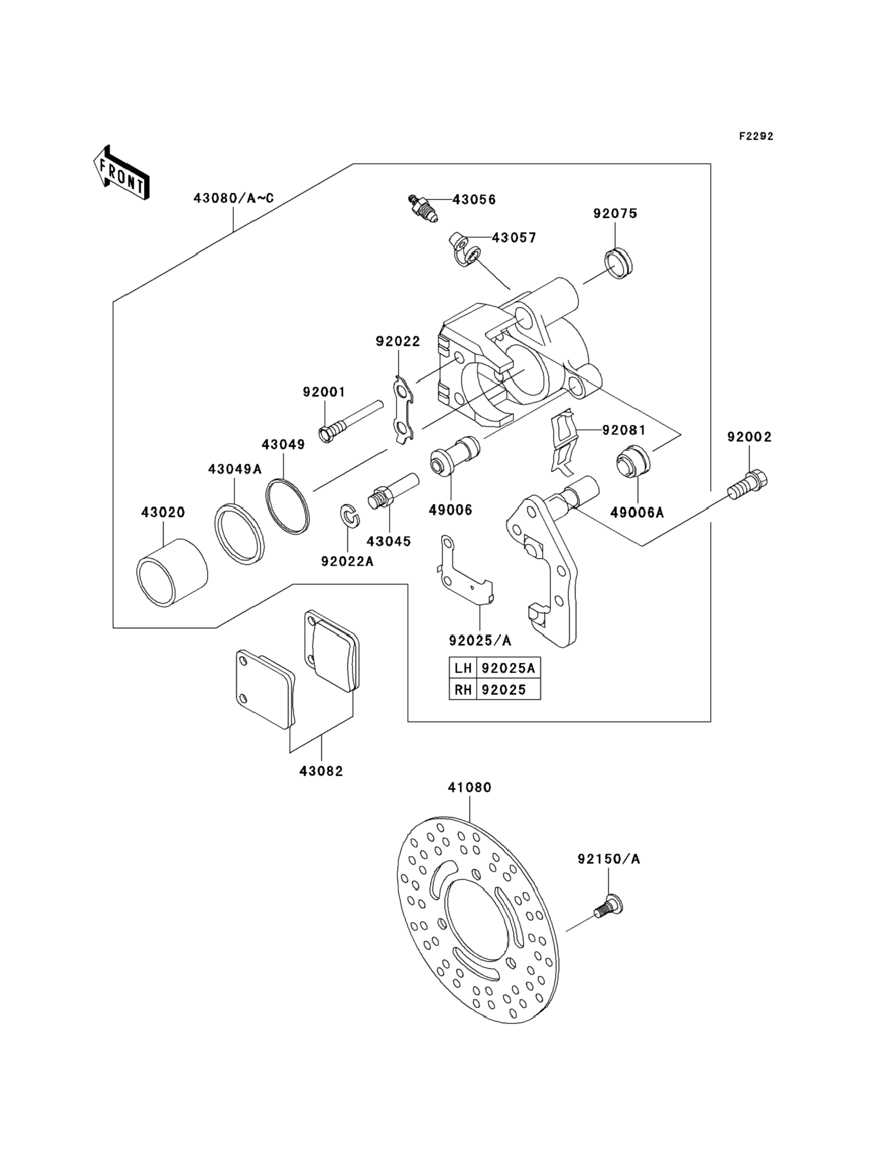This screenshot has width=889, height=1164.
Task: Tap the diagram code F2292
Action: click(756, 137)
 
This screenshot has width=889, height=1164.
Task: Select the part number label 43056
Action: click(474, 200)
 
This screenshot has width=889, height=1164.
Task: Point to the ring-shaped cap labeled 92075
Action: click(622, 263)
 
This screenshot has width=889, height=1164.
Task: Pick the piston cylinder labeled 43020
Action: click(172, 573)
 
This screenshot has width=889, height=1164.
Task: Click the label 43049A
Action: click(235, 469)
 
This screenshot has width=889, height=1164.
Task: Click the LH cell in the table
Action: click(463, 668)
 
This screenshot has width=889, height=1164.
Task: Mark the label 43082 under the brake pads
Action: click(321, 771)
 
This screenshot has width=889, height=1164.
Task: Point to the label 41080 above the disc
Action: click(469, 802)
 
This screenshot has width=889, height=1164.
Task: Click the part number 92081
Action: click(624, 430)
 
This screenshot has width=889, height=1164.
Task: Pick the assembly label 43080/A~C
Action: click(234, 199)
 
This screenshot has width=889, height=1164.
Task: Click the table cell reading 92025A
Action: click(509, 668)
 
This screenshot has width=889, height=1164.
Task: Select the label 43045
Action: click(389, 541)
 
